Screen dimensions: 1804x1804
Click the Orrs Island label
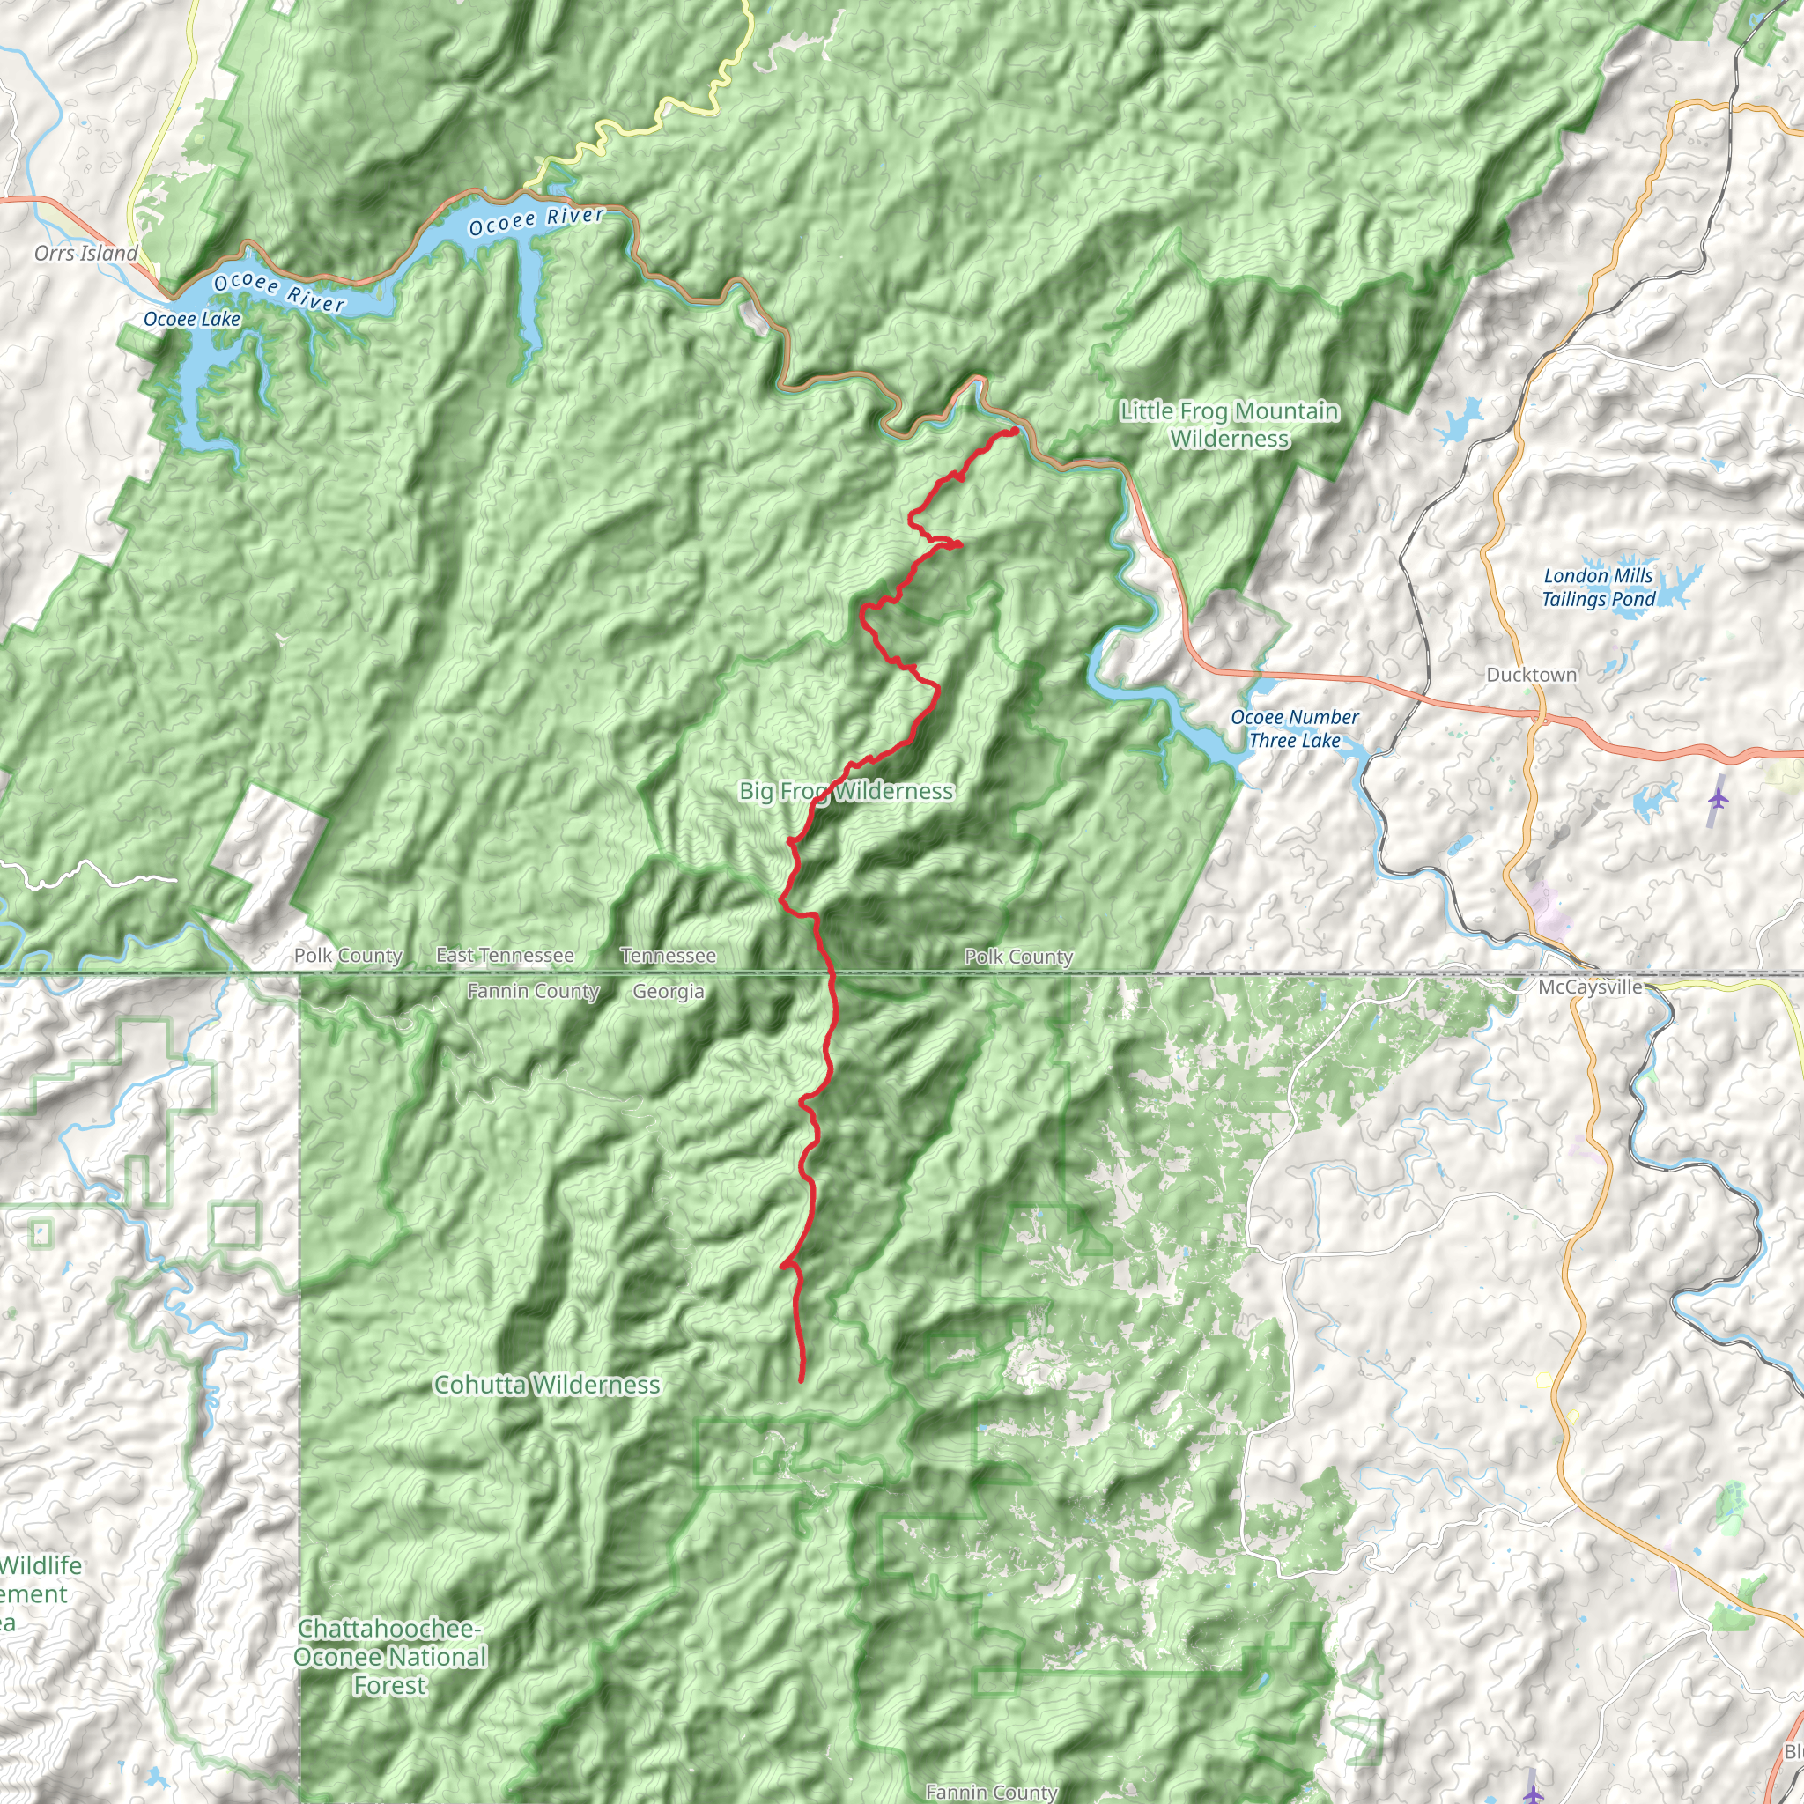[86, 253]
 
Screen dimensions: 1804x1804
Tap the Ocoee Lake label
[191, 320]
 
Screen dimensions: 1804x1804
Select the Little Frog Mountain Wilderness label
[1230, 425]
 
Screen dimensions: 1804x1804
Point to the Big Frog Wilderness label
[846, 792]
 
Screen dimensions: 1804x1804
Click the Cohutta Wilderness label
[547, 1385]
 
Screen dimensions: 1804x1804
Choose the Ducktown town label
[1531, 675]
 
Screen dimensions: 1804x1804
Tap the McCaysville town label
[1590, 987]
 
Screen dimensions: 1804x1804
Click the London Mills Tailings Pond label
[1599, 588]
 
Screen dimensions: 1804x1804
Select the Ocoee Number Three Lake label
[1294, 729]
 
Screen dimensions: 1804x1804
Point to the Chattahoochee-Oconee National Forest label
[390, 1657]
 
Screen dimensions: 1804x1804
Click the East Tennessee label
[505, 955]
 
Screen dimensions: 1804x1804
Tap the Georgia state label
[669, 992]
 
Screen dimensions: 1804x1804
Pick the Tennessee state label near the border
[669, 956]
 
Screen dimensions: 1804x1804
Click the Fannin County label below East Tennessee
[533, 992]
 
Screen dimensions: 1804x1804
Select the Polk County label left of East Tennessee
[348, 956]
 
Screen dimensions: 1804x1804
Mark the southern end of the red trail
[802, 1379]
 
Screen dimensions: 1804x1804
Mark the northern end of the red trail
[1015, 431]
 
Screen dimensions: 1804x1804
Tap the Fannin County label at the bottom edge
[992, 1792]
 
